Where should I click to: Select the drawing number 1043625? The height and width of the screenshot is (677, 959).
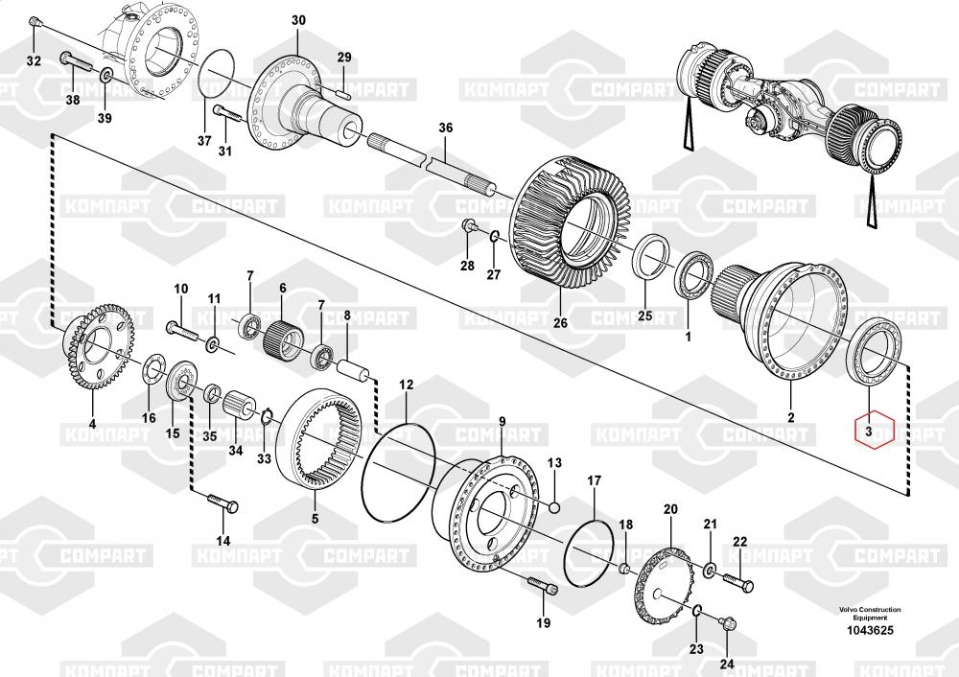[x=870, y=630]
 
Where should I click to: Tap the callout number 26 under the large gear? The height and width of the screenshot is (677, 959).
[x=560, y=322]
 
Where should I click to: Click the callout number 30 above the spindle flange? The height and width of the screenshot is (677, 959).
[x=298, y=20]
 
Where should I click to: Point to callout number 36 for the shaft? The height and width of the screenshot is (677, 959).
[x=445, y=128]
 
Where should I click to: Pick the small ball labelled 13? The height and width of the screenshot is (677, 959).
[x=554, y=505]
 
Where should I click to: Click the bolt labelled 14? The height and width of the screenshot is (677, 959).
[x=224, y=504]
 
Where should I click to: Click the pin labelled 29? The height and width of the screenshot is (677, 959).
[x=345, y=92]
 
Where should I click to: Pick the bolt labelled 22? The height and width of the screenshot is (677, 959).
[x=739, y=581]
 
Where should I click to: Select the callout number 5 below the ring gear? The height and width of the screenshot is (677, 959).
[x=315, y=519]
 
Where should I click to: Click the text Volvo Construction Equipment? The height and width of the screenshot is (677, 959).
[x=870, y=614]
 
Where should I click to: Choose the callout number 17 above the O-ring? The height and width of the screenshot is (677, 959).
[x=594, y=479]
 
